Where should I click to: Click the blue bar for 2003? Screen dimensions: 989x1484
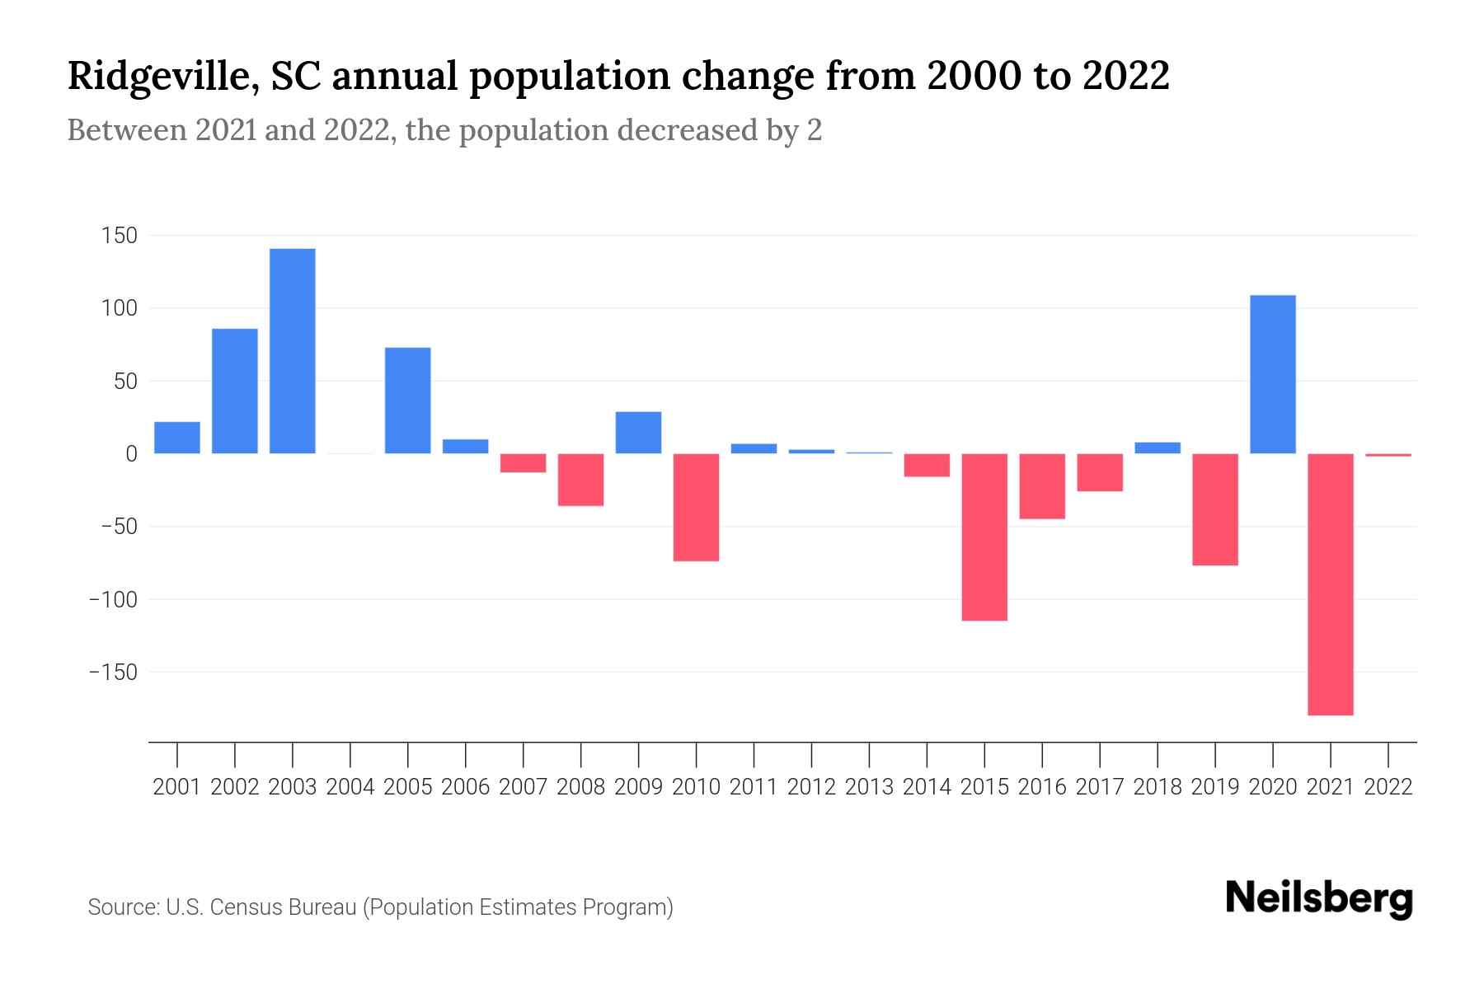point(293,351)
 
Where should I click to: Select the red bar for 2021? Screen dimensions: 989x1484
point(1331,584)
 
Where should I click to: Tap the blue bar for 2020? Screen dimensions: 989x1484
point(1273,374)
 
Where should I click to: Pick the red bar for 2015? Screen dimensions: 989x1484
point(984,537)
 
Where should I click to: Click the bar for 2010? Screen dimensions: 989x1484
point(696,507)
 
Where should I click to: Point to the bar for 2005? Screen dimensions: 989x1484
point(408,401)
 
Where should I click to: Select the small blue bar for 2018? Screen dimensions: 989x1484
point(1158,448)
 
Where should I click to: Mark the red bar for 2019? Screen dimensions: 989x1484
point(1215,509)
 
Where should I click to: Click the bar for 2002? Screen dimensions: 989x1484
point(235,391)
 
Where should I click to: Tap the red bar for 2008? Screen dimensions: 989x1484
point(581,480)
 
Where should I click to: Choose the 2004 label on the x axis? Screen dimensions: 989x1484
point(350,787)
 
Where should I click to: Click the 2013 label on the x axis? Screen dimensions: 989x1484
point(869,787)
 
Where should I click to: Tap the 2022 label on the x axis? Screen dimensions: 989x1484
point(1388,787)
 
